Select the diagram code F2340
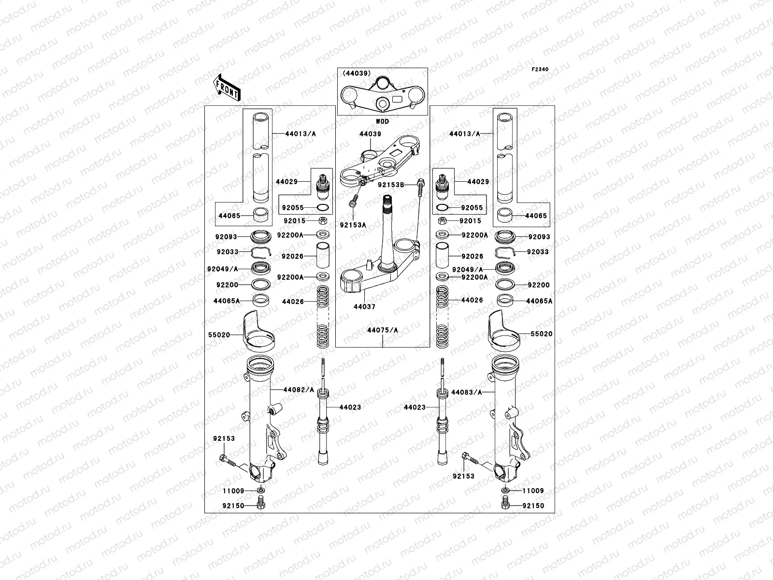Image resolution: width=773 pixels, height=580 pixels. (x=540, y=70)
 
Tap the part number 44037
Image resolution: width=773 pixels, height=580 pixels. (x=364, y=307)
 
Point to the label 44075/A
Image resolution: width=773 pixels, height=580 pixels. (x=382, y=331)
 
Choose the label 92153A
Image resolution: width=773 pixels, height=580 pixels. (x=353, y=225)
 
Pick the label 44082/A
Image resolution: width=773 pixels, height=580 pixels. (x=298, y=390)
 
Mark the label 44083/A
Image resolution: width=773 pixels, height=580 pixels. (x=467, y=392)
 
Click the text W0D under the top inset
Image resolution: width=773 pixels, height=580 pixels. (x=382, y=122)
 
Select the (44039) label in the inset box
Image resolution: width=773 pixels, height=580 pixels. (x=357, y=73)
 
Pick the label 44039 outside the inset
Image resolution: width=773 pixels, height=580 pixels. (x=370, y=134)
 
